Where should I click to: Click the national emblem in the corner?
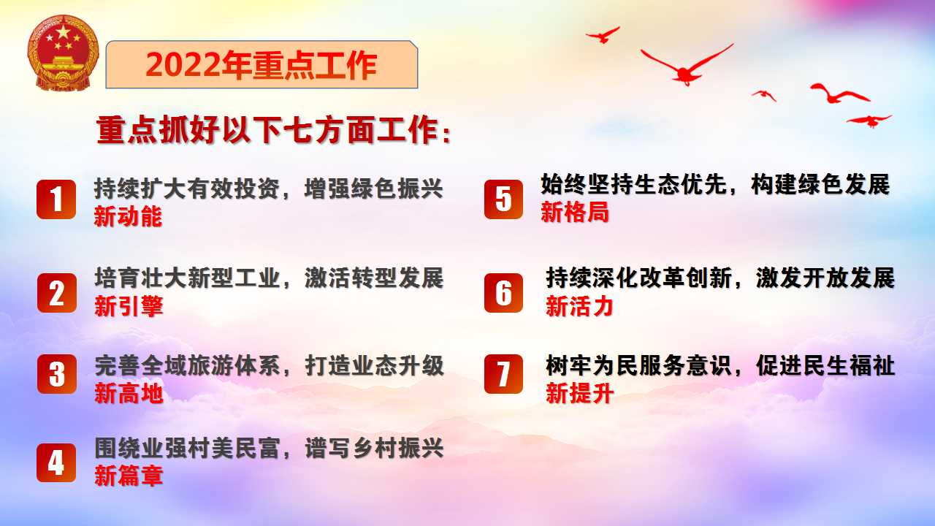click(x=63, y=53)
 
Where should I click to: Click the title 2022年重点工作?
click(x=262, y=66)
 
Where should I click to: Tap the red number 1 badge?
click(x=56, y=199)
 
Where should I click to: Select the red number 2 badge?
click(x=57, y=293)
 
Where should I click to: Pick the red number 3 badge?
click(x=57, y=374)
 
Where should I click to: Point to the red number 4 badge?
click(x=56, y=463)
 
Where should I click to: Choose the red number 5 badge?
click(x=503, y=199)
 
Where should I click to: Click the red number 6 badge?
click(x=503, y=293)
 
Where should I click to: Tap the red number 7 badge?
click(x=503, y=374)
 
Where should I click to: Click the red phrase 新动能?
click(x=128, y=217)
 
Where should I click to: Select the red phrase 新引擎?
click(x=129, y=306)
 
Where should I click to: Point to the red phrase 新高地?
click(x=129, y=393)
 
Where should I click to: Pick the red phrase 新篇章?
click(x=129, y=476)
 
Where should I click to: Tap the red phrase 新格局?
click(x=575, y=212)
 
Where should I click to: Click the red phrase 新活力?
click(x=579, y=306)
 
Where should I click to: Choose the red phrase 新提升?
click(x=579, y=393)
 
